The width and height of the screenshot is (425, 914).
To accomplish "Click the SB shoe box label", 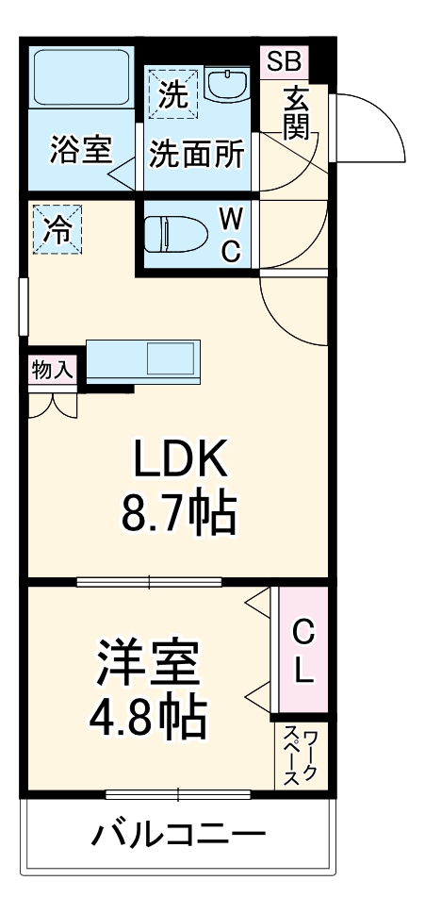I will pos(283,62).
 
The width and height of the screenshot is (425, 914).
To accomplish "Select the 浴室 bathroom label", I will pos(81,152).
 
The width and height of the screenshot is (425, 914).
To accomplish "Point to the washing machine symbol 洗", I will pos(172,93).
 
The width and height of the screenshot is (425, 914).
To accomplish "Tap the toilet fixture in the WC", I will pos(179,233).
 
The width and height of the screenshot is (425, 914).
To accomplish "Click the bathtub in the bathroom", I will pos(82,79).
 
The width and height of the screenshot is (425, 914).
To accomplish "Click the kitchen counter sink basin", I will pos(171,360).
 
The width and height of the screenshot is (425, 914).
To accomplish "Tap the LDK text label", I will pos(179,460).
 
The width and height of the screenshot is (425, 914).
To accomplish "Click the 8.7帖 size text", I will pos(177,513).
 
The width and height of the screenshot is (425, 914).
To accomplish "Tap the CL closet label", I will pos(302,650).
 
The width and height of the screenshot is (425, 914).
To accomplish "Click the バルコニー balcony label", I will pos(178,835).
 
